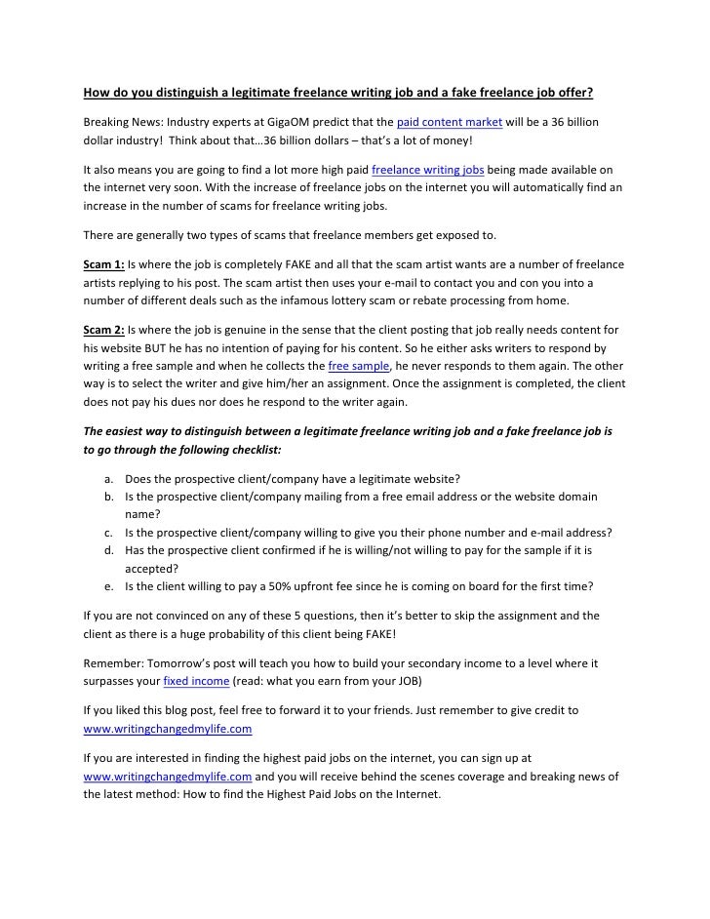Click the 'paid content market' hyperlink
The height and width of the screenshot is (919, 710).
449,121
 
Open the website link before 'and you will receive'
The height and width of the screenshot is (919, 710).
167,777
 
